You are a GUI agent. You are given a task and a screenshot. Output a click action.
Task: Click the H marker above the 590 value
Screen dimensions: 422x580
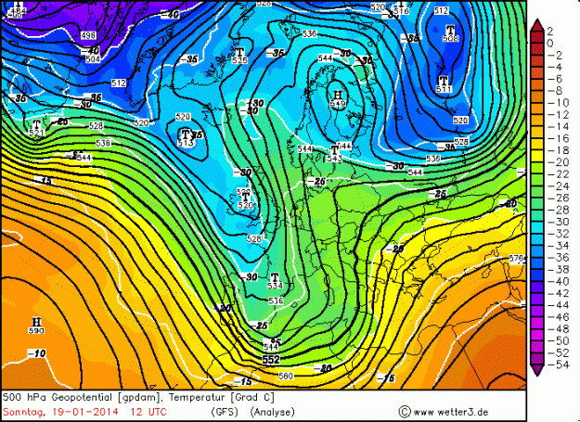(x=37, y=321)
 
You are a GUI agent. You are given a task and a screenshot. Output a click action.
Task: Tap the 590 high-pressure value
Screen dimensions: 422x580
(x=37, y=331)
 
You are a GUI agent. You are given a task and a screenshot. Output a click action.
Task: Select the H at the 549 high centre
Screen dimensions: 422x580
(x=337, y=95)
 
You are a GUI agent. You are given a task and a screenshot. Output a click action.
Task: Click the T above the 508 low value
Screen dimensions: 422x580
(x=450, y=30)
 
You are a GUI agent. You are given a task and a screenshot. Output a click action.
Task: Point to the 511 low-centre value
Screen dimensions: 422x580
(x=444, y=90)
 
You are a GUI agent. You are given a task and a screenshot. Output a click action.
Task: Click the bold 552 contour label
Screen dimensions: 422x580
(x=271, y=359)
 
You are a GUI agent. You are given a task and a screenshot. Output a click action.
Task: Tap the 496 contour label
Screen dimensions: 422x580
(x=88, y=35)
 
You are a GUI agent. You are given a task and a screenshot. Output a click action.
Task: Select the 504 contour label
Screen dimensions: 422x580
(x=92, y=59)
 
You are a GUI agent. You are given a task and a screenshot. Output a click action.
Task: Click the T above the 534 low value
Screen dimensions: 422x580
(x=275, y=277)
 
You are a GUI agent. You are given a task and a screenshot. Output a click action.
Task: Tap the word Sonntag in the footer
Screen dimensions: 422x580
(x=21, y=410)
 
